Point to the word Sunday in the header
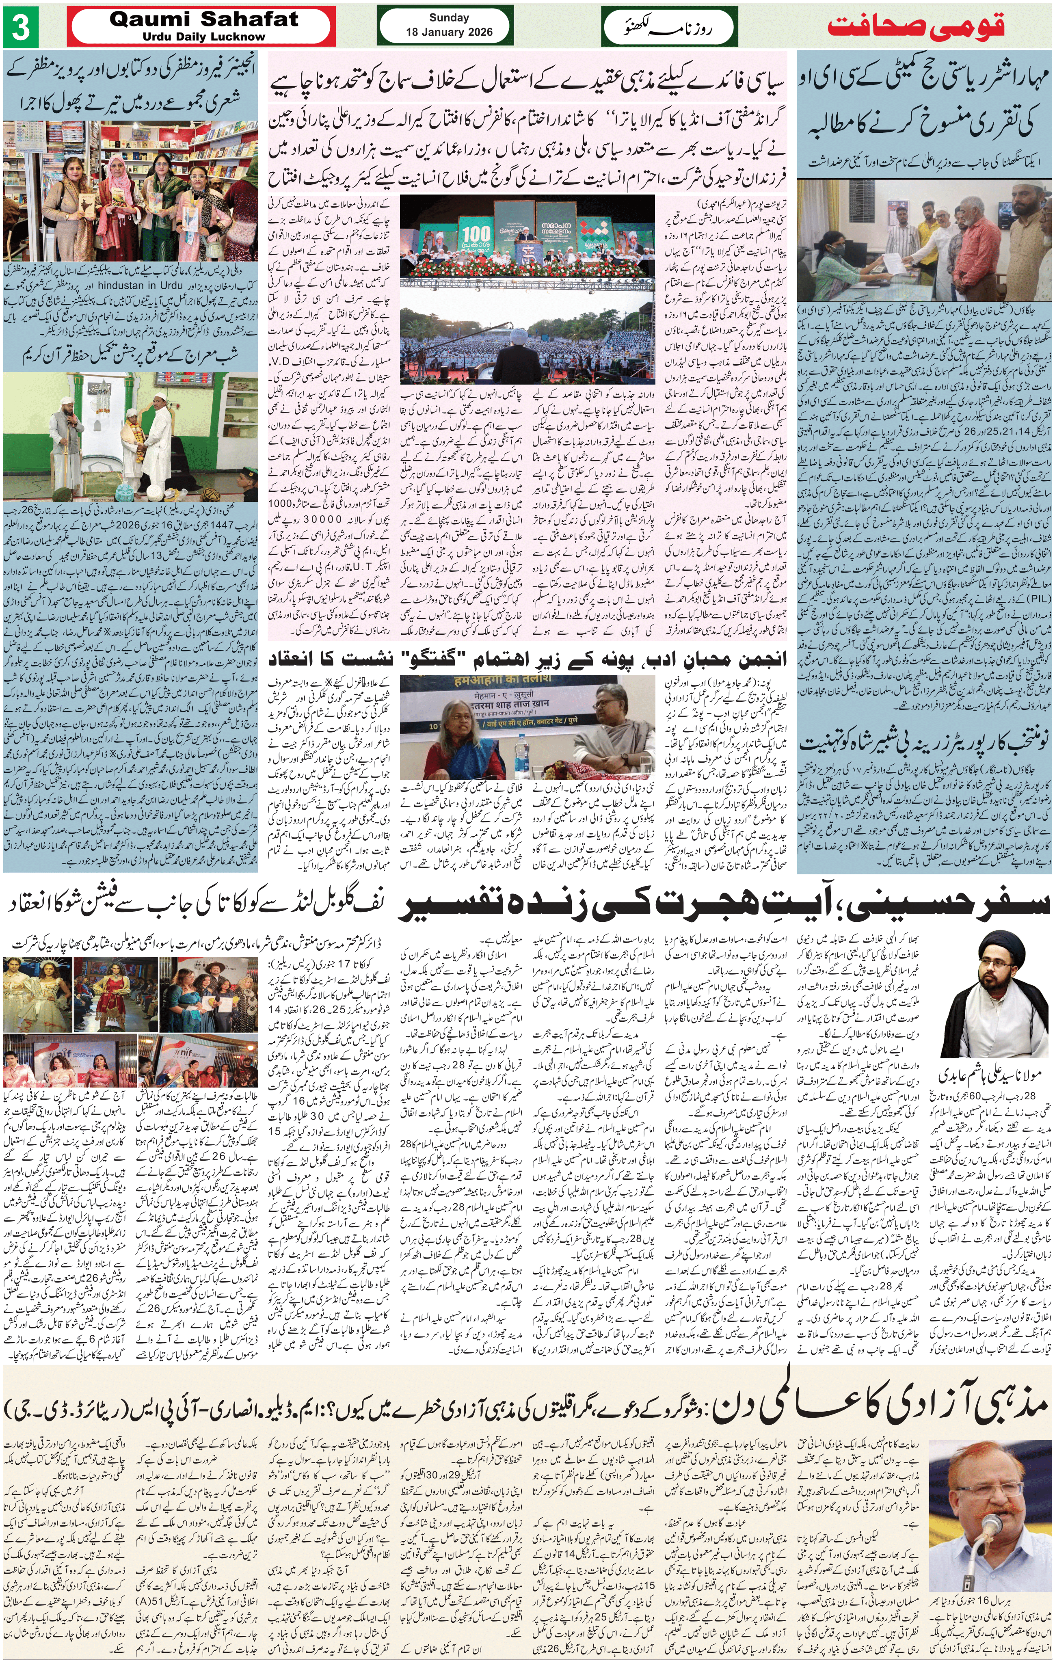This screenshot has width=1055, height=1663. click(449, 18)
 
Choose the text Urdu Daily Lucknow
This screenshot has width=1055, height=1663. click(204, 37)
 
